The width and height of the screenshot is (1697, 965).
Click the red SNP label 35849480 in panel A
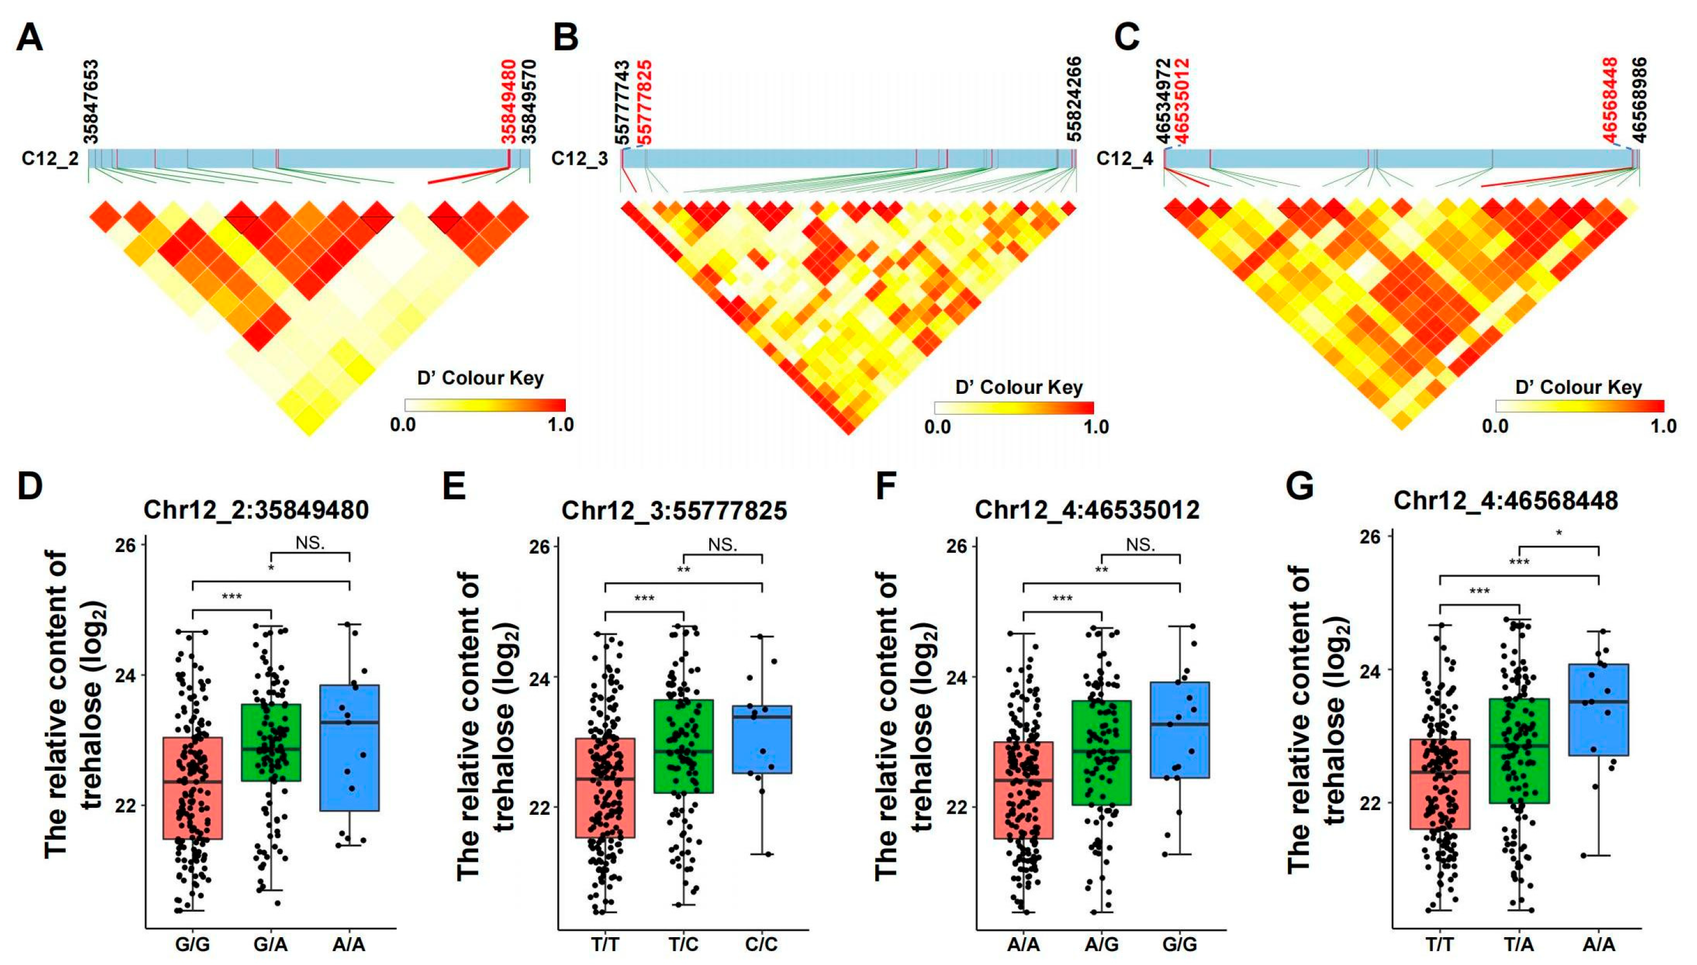click(x=508, y=101)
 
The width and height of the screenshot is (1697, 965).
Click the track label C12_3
click(x=580, y=159)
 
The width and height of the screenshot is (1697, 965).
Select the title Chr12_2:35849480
click(x=256, y=510)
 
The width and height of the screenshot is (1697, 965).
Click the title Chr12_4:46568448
click(x=1505, y=500)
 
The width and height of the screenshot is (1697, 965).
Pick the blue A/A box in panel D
click(x=349, y=748)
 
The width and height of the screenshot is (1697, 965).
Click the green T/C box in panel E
click(x=683, y=746)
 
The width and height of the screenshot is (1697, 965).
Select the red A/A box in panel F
click(x=1023, y=790)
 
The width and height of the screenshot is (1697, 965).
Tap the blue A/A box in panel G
click(x=1598, y=709)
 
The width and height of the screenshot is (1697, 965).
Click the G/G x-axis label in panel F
click(x=1180, y=944)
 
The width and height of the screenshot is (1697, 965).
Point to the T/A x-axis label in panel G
click(x=1519, y=944)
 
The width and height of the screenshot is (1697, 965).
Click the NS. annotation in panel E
click(x=722, y=545)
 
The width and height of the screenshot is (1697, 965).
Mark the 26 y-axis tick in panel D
click(x=126, y=545)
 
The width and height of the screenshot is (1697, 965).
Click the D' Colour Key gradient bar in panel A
click(x=485, y=405)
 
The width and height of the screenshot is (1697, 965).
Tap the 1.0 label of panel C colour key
click(x=1663, y=426)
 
